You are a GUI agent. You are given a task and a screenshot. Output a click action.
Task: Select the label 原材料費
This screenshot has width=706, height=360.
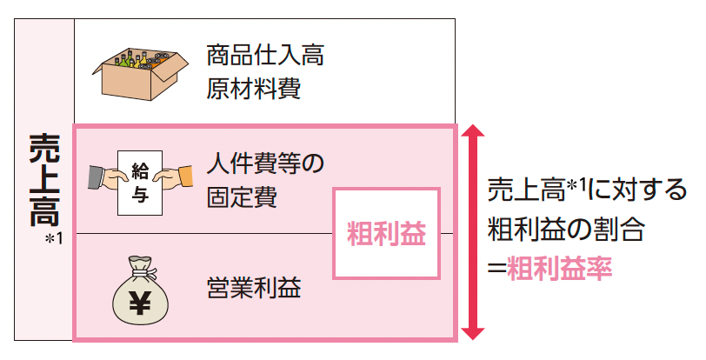254,90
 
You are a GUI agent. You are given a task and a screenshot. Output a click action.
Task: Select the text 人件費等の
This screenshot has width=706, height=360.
266,162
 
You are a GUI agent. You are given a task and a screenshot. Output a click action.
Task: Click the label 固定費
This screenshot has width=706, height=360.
243,197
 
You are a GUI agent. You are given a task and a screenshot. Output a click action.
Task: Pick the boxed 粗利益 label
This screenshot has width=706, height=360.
386,232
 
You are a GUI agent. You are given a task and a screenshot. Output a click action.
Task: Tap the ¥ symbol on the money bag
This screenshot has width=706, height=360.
140,301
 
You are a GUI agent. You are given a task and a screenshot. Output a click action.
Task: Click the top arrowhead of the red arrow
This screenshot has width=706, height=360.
472,133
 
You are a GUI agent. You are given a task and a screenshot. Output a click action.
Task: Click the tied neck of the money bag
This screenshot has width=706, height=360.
140,268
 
